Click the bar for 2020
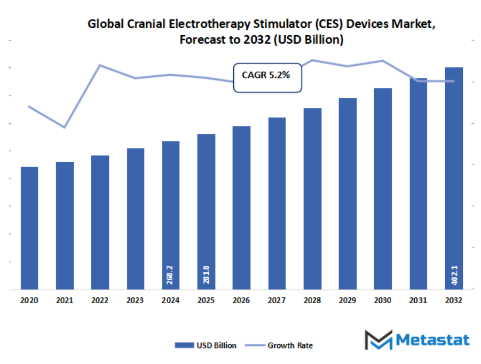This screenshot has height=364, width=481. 29,228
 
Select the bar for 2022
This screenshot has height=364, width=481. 100,222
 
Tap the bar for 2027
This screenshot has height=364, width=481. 277,203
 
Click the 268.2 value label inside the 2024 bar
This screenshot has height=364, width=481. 171,276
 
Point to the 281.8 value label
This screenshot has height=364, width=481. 206,276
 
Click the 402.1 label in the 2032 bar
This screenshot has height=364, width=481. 454,276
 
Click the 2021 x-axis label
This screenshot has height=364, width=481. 65,300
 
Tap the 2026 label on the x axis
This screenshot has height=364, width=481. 241,300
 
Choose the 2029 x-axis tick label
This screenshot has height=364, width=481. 348,300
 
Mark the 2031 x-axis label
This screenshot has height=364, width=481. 418,300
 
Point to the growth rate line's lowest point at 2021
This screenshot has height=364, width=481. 65,128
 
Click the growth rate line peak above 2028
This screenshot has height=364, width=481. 312,60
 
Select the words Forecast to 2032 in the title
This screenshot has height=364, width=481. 224,39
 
